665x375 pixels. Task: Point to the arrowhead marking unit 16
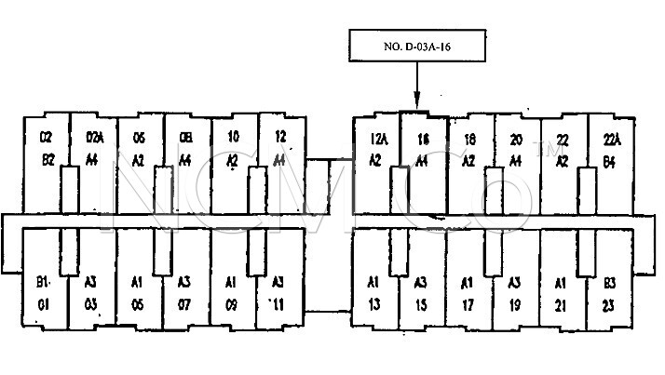(x=417, y=101)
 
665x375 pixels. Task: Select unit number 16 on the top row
(x=422, y=140)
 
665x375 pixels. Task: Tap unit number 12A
(x=377, y=140)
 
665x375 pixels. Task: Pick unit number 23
(x=609, y=302)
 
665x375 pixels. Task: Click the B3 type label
(x=609, y=282)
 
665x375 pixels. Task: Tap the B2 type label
(x=47, y=159)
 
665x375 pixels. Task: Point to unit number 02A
(x=93, y=140)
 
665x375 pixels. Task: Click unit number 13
(x=374, y=302)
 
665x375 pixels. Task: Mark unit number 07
(x=184, y=302)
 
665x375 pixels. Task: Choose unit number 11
(x=278, y=302)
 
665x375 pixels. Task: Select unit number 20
(x=515, y=140)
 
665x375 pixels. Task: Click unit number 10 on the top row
(x=233, y=138)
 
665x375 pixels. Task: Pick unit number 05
(x=137, y=302)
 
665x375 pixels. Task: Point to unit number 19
(x=513, y=302)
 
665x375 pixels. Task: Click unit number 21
(x=561, y=302)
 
